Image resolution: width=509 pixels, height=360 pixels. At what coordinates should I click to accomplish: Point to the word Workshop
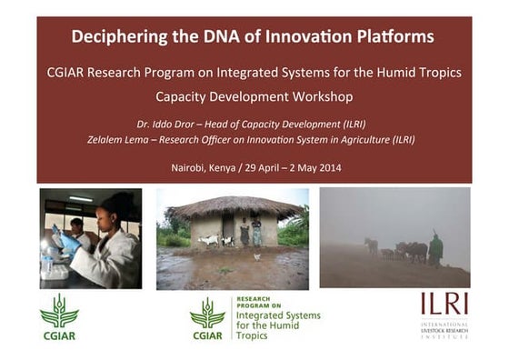tap(320, 95)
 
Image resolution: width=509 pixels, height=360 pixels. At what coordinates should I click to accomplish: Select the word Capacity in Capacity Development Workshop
tap(182, 95)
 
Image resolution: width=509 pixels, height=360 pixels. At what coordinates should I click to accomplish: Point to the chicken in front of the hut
tap(257, 257)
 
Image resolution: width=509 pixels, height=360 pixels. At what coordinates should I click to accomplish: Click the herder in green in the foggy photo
tap(436, 248)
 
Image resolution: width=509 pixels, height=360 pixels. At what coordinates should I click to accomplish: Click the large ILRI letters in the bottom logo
tap(444, 304)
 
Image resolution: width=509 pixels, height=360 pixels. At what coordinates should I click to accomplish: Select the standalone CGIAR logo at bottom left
tap(59, 316)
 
